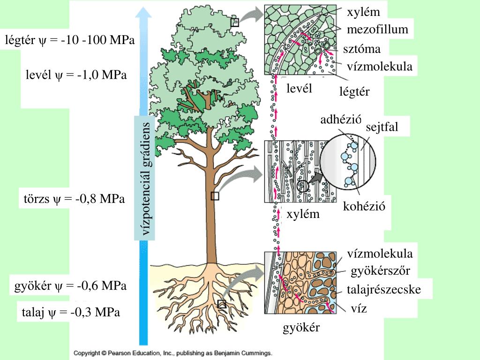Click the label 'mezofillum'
(377, 30)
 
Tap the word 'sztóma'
(361, 49)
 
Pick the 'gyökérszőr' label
(381, 271)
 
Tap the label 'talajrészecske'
(384, 290)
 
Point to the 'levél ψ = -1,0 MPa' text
(76, 75)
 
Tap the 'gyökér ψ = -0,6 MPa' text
(71, 285)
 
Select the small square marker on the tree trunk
(215, 196)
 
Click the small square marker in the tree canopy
(235, 22)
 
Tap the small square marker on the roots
(222, 304)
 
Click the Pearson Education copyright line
(172, 353)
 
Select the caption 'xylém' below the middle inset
(303, 215)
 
